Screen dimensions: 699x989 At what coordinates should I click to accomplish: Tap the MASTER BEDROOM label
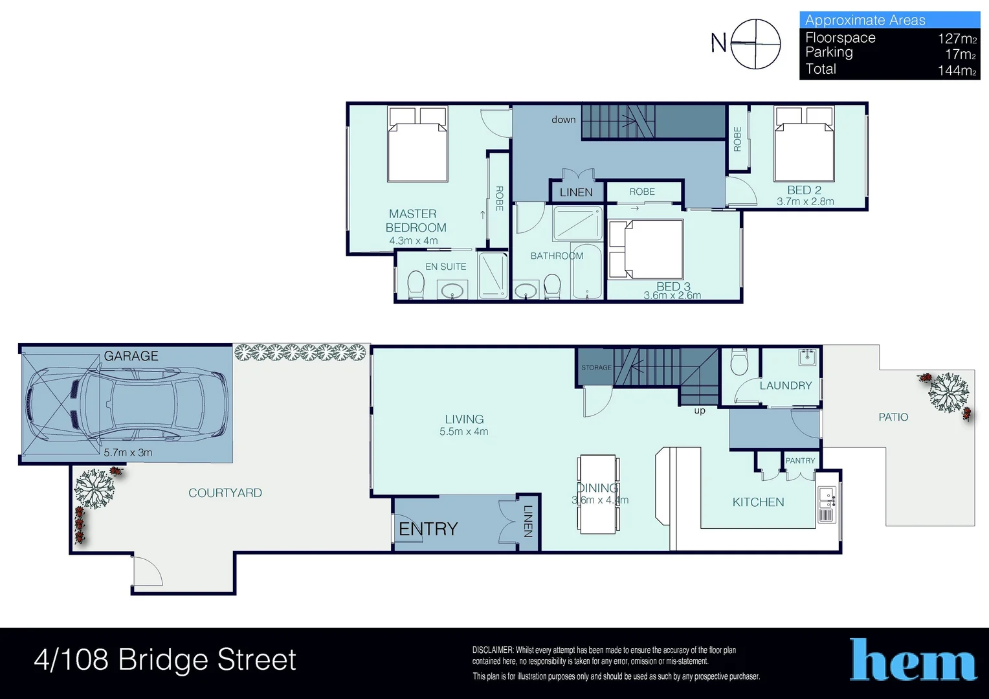point(415,221)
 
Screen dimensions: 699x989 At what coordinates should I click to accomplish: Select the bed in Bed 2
point(804,144)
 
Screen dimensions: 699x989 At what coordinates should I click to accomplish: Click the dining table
point(597,494)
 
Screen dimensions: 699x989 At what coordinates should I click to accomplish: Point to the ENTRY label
point(428,529)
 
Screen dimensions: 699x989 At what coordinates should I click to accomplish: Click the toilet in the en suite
point(416,285)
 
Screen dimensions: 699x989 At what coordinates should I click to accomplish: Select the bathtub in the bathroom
point(587,272)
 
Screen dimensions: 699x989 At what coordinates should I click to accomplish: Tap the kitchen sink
point(827,498)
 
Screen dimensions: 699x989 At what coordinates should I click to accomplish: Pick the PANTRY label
point(800,461)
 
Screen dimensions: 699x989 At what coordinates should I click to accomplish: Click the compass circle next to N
point(755,44)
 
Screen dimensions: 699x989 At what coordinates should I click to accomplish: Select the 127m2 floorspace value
point(957,39)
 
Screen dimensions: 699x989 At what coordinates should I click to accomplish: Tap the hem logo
point(913,660)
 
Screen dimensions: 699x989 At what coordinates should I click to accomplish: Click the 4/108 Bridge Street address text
point(165,660)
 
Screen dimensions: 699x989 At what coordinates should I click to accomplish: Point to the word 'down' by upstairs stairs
point(563,120)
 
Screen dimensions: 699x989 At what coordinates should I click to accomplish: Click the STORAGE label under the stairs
point(596,368)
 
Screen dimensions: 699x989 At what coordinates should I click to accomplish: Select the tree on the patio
point(948,392)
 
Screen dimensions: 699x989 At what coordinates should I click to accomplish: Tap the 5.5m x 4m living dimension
point(463,432)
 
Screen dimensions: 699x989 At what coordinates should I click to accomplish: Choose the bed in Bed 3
point(646,249)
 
